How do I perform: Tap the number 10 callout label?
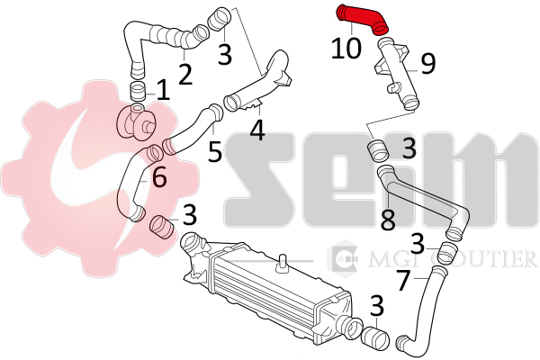click(346, 48)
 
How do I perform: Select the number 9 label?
click(428, 64)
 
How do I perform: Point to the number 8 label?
click(388, 220)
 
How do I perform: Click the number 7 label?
click(404, 281)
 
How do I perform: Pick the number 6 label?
click(159, 176)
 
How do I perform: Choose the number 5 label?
click(215, 151)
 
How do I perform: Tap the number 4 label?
click(257, 130)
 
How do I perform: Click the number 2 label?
click(185, 74)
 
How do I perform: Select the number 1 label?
click(163, 90)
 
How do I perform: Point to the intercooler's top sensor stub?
click(283, 263)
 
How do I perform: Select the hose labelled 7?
click(422, 310)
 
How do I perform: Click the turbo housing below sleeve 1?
click(137, 123)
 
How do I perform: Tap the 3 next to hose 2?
click(225, 53)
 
